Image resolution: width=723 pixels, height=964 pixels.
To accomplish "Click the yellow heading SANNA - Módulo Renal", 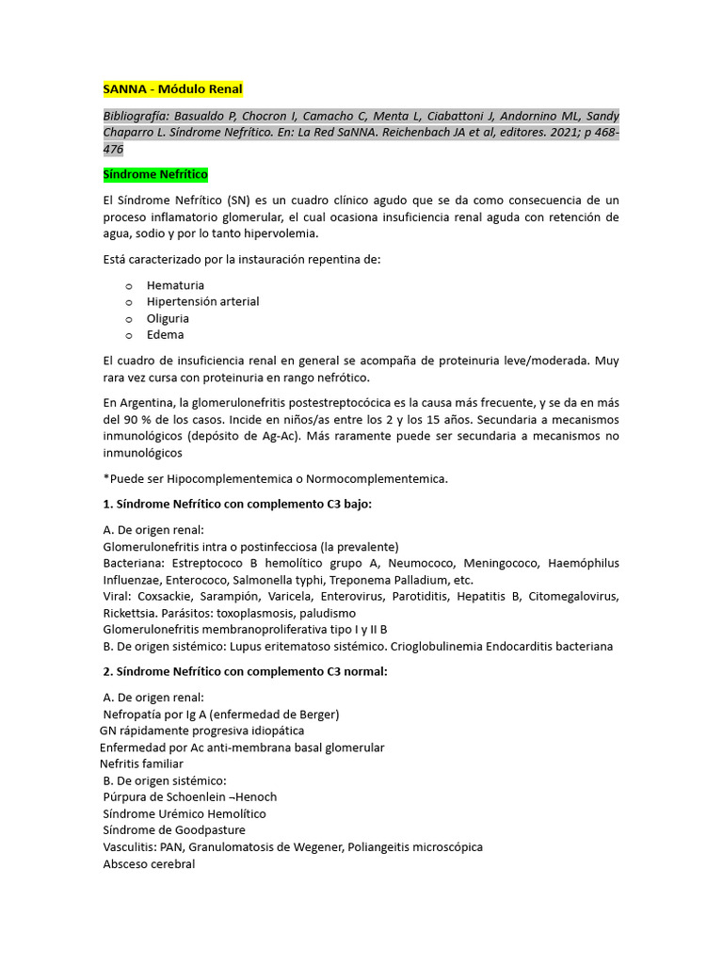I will click(172, 89).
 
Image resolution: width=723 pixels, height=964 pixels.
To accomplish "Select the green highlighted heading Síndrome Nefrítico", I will click(155, 175).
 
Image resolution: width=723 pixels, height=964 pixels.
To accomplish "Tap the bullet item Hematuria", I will click(175, 285).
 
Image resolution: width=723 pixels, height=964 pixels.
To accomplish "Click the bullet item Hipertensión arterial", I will click(202, 301).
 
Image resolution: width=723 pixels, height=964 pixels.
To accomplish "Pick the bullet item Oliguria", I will click(168, 318).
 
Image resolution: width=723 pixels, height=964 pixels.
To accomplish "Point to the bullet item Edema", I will click(165, 334).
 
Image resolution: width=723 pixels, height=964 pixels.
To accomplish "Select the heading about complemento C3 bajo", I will click(237, 504).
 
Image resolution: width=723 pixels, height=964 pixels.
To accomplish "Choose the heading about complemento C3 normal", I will click(245, 671).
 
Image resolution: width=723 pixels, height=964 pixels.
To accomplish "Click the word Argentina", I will click(150, 402).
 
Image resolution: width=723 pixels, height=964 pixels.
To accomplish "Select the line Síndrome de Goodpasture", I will click(174, 829).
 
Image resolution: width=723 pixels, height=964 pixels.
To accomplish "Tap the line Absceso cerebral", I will click(149, 863).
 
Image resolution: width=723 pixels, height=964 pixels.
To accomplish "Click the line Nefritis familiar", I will click(141, 763).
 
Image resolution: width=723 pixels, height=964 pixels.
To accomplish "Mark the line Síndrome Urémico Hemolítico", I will click(185, 813).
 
